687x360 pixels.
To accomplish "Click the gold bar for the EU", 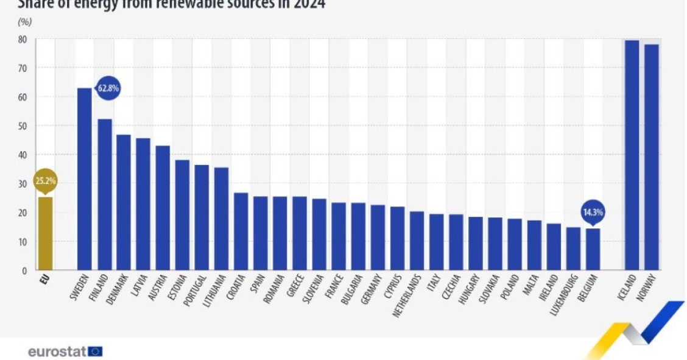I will (x=45, y=233).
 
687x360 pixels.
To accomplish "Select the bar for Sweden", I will (x=84, y=179).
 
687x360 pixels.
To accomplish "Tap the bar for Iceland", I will (x=632, y=155).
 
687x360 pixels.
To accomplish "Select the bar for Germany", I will (x=378, y=238).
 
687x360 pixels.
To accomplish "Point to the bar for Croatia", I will (x=241, y=231).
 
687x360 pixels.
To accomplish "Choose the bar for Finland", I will (x=104, y=194).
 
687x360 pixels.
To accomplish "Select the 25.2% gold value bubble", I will (x=45, y=182).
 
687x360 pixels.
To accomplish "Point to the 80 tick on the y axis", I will (x=22, y=39).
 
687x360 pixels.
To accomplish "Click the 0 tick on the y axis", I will (x=24, y=270).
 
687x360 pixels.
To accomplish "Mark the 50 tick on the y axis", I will (x=22, y=126).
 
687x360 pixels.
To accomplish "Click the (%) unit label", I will (x=25, y=22).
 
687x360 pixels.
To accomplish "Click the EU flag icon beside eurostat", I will (x=95, y=351).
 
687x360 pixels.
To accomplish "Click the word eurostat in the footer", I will (x=57, y=351).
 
